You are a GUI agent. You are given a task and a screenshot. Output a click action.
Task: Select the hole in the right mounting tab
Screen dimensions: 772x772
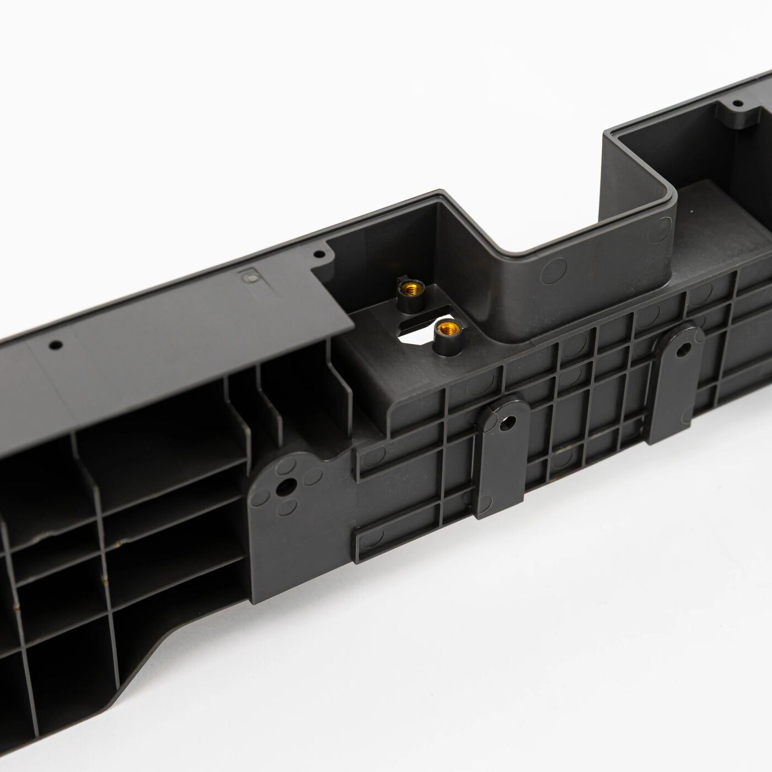(x=683, y=349)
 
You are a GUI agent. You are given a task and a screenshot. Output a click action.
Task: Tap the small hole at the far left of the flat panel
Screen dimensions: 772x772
(x=55, y=345)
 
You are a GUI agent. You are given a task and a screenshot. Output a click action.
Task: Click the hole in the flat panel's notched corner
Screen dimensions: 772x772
(x=318, y=255)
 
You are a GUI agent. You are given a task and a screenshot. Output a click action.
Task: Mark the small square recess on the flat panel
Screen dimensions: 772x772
(x=249, y=277)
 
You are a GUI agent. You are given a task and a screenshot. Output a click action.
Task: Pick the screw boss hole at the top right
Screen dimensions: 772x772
(x=737, y=103)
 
